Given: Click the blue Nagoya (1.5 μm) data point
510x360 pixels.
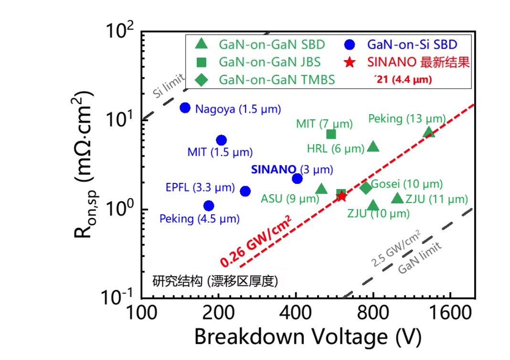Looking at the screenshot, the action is [185, 107].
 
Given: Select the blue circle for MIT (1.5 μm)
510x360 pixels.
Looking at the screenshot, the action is [221, 140].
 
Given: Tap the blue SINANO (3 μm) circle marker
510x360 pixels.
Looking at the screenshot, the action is [297, 179].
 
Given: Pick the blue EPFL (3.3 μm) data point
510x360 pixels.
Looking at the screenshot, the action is [245, 191].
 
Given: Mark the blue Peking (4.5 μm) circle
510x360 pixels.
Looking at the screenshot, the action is [209, 205].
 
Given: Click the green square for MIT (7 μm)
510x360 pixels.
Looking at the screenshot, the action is [331, 134].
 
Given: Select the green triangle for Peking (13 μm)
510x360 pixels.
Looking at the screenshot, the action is [429, 132].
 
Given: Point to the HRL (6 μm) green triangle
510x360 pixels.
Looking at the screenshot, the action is [373, 147].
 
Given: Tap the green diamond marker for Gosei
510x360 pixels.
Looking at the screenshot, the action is [366, 188].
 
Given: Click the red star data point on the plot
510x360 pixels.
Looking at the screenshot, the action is [341, 196].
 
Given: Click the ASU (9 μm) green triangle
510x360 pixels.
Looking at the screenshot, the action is [321, 189].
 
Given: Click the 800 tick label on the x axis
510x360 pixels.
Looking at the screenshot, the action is [373, 313].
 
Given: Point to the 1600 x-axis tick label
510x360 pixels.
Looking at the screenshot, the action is [450, 313].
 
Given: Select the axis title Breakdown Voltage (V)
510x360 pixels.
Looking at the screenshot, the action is [308, 337].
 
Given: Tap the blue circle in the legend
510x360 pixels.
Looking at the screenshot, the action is [350, 44].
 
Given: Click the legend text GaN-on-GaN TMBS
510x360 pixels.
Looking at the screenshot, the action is [277, 80].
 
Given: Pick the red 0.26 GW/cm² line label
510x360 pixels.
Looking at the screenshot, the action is [255, 241].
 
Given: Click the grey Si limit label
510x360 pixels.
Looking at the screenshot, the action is [169, 85].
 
